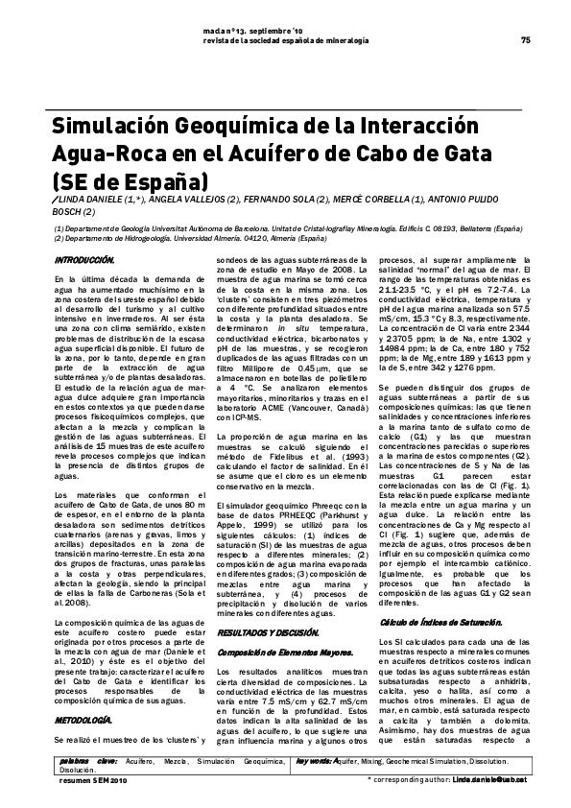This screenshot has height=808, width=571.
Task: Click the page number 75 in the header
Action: (525, 40)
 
